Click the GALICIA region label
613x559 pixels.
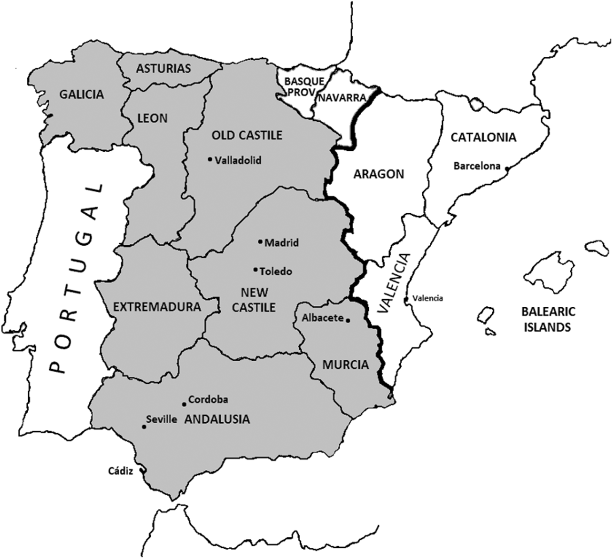click(x=81, y=94)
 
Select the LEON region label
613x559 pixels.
click(x=153, y=118)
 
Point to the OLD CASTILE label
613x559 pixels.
click(x=247, y=135)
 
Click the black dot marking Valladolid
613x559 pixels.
click(x=210, y=159)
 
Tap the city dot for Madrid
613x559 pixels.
click(x=260, y=242)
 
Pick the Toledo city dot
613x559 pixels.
click(x=255, y=270)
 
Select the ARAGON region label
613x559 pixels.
click(x=379, y=174)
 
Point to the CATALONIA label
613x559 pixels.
click(x=483, y=137)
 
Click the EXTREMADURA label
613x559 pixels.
click(x=157, y=307)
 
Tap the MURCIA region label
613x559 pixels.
click(x=345, y=365)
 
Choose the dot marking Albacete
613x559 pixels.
click(x=348, y=320)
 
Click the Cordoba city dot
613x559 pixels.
click(x=184, y=404)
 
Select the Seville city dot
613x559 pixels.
click(x=144, y=427)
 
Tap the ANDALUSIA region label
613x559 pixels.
click(x=217, y=419)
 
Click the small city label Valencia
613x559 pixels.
click(x=427, y=298)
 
